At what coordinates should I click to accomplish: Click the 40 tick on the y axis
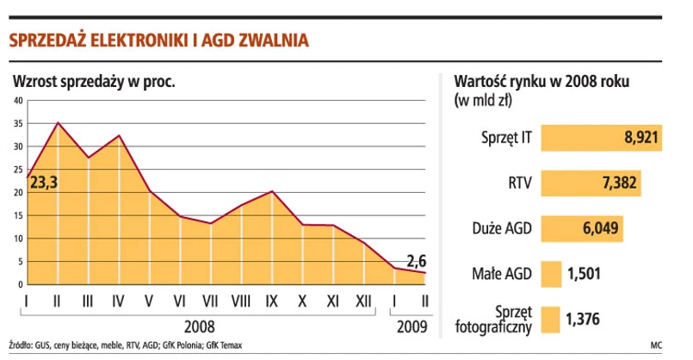[17, 102]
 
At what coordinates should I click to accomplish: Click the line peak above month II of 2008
[58, 123]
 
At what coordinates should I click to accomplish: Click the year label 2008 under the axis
[200, 327]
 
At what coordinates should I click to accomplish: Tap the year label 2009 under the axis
[411, 327]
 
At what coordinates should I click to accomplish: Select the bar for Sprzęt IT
[601, 138]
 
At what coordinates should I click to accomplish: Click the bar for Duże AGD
[581, 229]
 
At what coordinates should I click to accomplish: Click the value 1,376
[583, 320]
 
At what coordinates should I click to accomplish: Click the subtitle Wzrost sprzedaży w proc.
[94, 83]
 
